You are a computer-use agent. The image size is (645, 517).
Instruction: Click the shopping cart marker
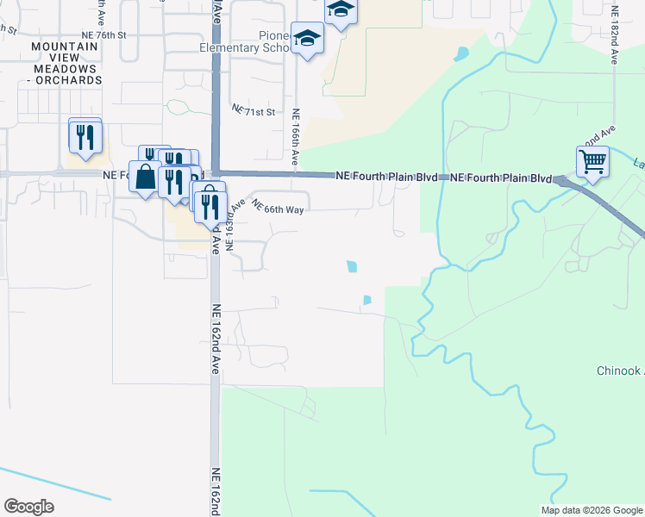[x=592, y=161]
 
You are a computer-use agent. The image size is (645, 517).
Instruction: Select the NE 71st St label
[x=253, y=111]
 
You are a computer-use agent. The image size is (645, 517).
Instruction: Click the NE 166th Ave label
[x=295, y=136]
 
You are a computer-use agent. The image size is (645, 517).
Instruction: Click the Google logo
[x=28, y=507]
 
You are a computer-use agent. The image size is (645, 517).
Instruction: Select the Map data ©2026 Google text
[x=591, y=510]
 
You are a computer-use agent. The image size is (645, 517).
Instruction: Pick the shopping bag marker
[x=145, y=178]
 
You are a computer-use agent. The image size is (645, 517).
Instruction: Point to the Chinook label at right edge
[x=620, y=371]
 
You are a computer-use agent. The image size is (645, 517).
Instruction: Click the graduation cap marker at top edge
[x=341, y=10]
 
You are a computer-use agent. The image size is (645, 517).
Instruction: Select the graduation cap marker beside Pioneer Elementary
[x=307, y=39]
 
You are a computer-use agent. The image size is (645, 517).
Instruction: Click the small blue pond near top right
[x=462, y=53]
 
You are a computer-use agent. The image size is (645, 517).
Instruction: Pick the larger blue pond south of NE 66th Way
[x=352, y=267]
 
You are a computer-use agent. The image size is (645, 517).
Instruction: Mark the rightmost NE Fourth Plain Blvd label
[x=501, y=178]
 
